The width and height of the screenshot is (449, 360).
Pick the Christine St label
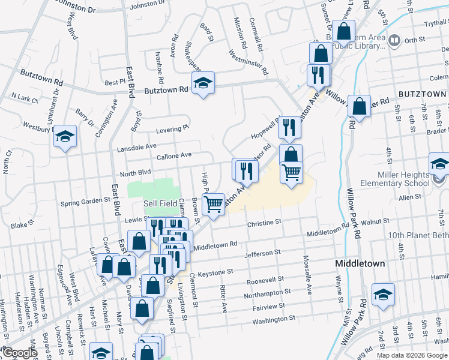264,222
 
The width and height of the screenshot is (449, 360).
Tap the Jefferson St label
263,254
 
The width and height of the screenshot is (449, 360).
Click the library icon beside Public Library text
394,41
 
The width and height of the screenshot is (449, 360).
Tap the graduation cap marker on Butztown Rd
203,83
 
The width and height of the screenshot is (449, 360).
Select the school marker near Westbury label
64,137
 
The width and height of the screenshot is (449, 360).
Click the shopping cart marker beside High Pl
214,204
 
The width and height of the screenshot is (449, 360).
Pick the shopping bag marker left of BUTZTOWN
359,107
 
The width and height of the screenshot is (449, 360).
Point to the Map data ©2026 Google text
411,355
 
